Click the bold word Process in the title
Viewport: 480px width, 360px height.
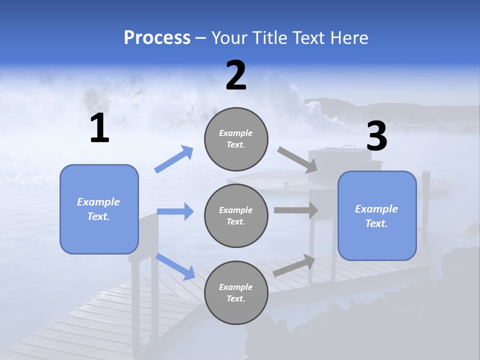pos(157,38)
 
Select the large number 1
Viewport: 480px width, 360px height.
pos(99,128)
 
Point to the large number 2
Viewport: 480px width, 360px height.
pos(236,75)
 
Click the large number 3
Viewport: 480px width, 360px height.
pos(377,136)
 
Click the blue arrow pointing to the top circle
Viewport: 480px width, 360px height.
pos(174,159)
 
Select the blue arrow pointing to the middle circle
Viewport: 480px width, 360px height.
pos(175,211)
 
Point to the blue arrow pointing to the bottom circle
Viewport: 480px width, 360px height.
pos(175,266)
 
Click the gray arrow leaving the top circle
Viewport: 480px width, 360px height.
pos(297,159)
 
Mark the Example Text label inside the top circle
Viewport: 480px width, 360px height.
pos(236,139)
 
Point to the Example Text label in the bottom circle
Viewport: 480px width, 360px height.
pos(236,293)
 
